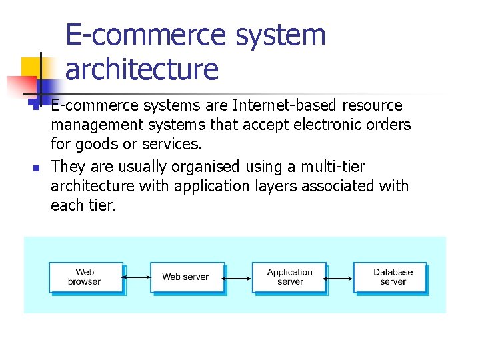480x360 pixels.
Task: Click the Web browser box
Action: click(x=85, y=277)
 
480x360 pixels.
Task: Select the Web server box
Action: click(x=187, y=277)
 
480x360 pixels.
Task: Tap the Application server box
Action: click(x=289, y=277)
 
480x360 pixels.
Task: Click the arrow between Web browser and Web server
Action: click(x=137, y=277)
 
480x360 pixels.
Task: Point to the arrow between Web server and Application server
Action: click(x=238, y=277)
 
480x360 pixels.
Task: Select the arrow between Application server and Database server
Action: click(x=340, y=277)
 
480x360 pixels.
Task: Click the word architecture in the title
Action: click(x=142, y=69)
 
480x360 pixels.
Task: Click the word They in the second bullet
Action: click(x=68, y=167)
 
